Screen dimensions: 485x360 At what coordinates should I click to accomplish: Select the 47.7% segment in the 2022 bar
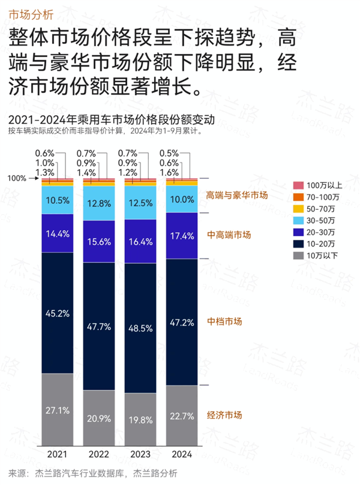(x=98, y=326)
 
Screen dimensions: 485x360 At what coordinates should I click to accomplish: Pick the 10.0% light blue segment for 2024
(x=181, y=199)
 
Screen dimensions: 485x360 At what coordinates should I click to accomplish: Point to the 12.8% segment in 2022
(x=98, y=203)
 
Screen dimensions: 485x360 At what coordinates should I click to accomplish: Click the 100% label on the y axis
(x=17, y=178)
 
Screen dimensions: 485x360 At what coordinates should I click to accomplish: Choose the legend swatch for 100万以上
(x=298, y=185)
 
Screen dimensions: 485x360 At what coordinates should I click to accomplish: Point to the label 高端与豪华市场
(x=236, y=195)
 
